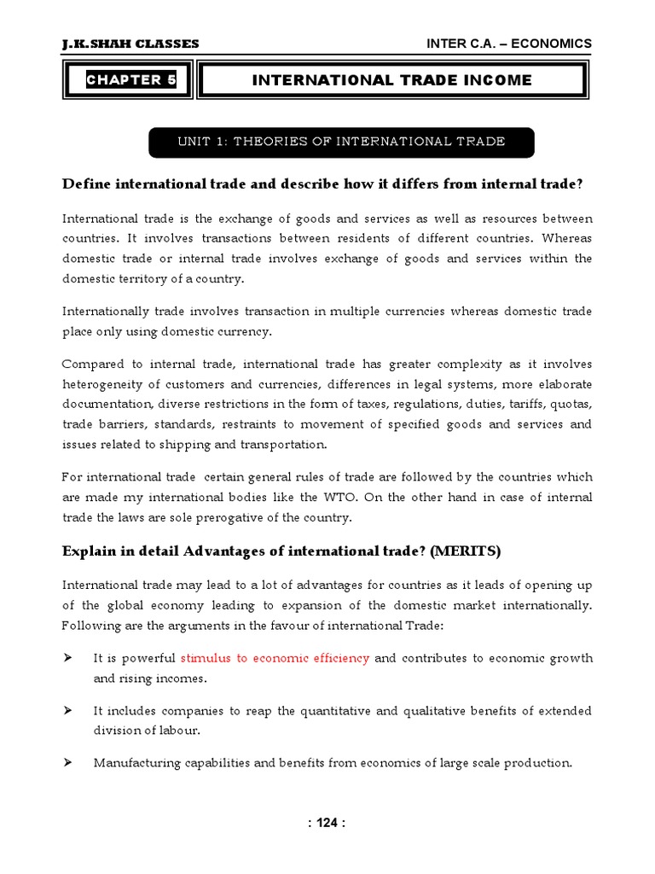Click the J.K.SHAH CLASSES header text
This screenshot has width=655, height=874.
(x=130, y=44)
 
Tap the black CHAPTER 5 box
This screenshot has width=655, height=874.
(x=130, y=80)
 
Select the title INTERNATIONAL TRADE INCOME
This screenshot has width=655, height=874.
(x=391, y=80)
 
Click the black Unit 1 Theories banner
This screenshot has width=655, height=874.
(x=341, y=142)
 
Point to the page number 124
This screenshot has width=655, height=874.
(x=327, y=824)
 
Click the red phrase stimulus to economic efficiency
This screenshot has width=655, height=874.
(x=275, y=658)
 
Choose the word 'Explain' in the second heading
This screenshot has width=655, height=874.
(x=89, y=551)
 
